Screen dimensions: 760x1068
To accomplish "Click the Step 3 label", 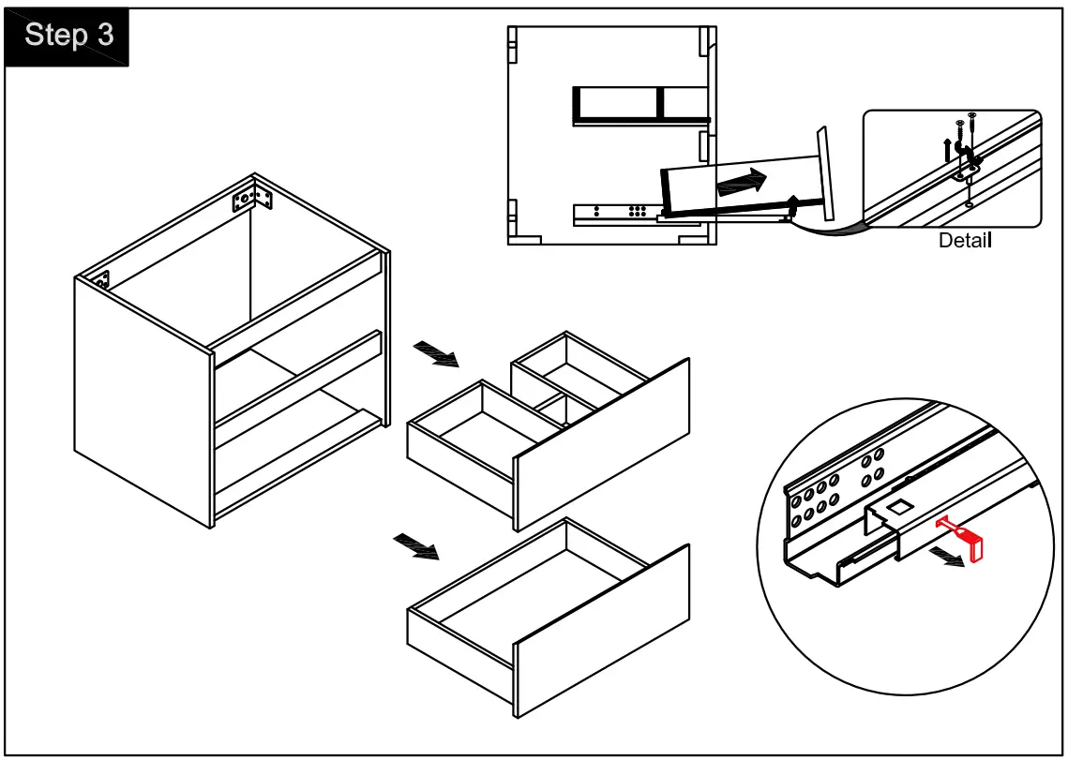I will coord(68,36).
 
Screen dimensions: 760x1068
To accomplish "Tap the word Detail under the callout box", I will coord(965,240).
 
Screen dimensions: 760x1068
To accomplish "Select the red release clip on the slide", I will coord(965,541).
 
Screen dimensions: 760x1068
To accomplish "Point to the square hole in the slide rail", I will coord(898,507).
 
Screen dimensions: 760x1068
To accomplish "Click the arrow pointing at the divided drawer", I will coord(435,354).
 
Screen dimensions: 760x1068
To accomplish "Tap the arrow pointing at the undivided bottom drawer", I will coord(415,545).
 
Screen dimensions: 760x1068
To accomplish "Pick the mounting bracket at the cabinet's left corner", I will coord(98,279).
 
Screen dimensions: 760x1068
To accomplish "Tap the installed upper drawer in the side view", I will coord(639,105).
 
